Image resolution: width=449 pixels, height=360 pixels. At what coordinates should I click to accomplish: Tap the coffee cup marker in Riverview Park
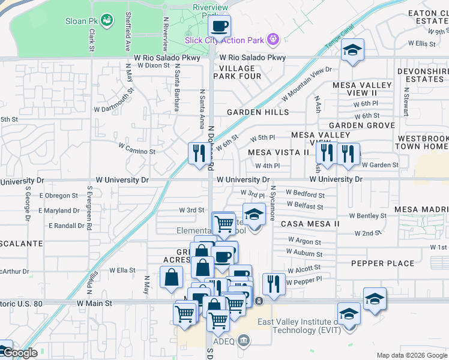click(x=218, y=26)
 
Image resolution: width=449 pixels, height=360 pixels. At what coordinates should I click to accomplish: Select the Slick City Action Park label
click(x=225, y=40)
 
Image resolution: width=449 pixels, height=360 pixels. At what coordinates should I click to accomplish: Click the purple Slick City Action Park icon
click(x=273, y=40)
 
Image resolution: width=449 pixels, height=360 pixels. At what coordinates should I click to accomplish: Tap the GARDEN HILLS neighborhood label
click(x=258, y=112)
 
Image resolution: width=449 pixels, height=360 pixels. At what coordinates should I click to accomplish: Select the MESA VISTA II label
click(x=278, y=152)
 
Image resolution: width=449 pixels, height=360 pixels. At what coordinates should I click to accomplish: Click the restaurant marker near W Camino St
click(x=197, y=153)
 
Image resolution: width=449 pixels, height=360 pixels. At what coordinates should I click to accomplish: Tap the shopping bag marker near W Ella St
click(x=172, y=277)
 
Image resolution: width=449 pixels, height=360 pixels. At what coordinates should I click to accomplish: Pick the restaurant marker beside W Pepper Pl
click(x=274, y=284)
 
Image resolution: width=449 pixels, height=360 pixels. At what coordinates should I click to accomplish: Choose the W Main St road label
click(x=94, y=304)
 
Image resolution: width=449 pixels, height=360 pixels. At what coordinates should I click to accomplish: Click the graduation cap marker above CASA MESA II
click(x=254, y=214)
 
